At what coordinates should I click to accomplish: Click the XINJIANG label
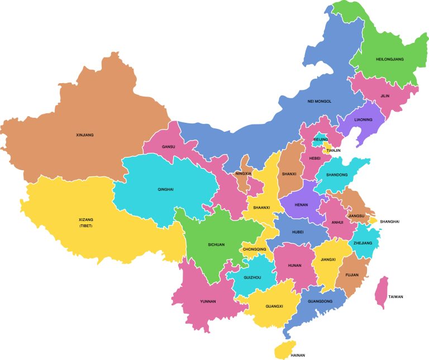click(x=84, y=135)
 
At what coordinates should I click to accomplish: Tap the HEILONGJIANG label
click(x=390, y=59)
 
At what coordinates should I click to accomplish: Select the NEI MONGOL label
click(x=320, y=102)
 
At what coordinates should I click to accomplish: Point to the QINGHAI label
click(x=165, y=189)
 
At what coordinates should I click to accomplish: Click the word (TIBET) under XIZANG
click(x=86, y=226)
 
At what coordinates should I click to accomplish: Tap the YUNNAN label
click(x=208, y=301)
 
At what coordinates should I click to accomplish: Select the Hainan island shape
click(x=285, y=350)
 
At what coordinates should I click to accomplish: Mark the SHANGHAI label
click(x=390, y=222)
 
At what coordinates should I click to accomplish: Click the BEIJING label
click(x=321, y=139)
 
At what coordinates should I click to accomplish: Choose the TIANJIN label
click(x=333, y=150)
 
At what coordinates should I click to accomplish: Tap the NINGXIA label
click(x=244, y=174)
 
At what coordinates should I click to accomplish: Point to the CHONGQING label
click(x=254, y=249)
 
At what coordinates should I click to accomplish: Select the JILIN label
click(x=384, y=95)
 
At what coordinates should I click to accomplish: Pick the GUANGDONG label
click(x=320, y=301)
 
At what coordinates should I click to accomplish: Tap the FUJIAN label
click(x=352, y=275)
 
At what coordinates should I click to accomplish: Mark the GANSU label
click(x=168, y=147)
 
